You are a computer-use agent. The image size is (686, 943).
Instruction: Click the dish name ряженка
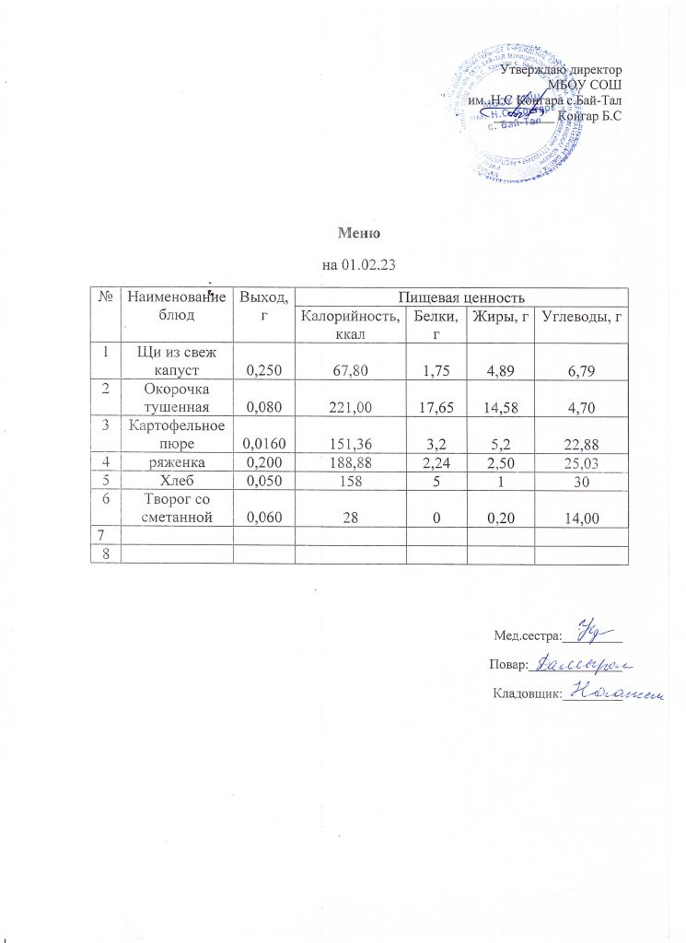pyautogui.click(x=178, y=460)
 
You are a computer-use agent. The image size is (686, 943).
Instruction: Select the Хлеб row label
pyautogui.click(x=178, y=479)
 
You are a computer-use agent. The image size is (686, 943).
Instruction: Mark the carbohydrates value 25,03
pyautogui.click(x=580, y=460)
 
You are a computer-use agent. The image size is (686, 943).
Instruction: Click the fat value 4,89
pyautogui.click(x=500, y=369)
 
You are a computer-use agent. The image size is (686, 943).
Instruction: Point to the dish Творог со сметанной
pyautogui.click(x=178, y=507)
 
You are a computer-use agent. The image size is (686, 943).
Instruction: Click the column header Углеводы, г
pyautogui.click(x=580, y=319)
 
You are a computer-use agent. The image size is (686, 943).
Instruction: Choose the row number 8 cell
pyautogui.click(x=106, y=553)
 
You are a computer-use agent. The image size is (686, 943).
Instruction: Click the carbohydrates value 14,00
pyautogui.click(x=580, y=518)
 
